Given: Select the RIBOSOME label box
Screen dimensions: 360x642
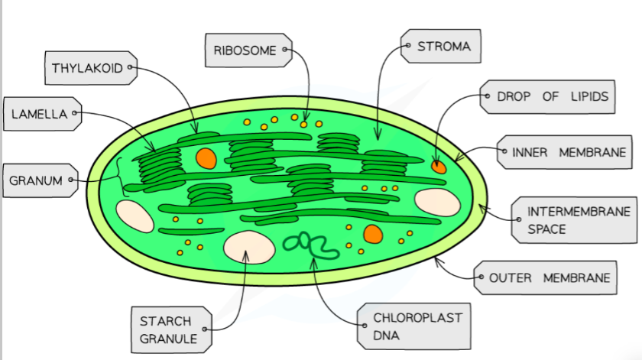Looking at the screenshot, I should [x=245, y=50].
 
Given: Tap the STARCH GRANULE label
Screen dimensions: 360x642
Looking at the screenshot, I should [x=167, y=329].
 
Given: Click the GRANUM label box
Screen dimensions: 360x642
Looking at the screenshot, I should [x=36, y=181].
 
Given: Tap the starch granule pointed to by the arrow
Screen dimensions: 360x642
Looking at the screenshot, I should [x=248, y=246].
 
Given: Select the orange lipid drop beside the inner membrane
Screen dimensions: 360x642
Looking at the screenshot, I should [x=439, y=166].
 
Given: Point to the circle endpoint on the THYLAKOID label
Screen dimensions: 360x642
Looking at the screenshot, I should [x=130, y=68].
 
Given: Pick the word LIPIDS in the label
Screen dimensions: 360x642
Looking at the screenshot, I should [x=588, y=97].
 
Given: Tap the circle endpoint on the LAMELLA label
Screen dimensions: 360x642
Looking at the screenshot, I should [x=75, y=114].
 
